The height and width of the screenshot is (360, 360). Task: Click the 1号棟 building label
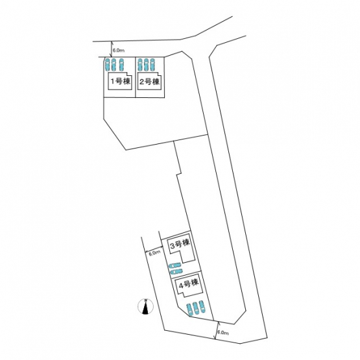[121, 81]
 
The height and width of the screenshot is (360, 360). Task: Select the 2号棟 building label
[149, 82]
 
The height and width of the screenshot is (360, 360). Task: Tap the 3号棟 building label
[180, 244]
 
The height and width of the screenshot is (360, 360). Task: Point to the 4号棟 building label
[189, 284]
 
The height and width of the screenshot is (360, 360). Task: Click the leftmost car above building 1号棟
[107, 65]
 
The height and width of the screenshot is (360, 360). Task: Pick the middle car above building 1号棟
[113, 65]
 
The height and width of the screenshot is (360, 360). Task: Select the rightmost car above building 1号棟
[121, 65]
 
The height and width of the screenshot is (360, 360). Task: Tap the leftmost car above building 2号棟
[140, 65]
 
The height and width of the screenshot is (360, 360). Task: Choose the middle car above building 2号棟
[146, 65]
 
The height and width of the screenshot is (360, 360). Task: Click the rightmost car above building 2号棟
[152, 65]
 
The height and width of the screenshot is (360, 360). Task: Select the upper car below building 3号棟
[175, 266]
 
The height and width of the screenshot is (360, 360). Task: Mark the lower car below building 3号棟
[176, 272]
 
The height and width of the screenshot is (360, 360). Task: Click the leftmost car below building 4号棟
[189, 309]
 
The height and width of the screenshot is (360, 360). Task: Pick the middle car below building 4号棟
[196, 308]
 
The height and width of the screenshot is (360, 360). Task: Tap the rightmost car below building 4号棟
[202, 307]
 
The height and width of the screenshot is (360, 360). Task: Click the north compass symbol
[145, 306]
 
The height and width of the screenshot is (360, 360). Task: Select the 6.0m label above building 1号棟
[119, 51]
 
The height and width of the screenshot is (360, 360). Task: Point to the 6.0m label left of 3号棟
[154, 253]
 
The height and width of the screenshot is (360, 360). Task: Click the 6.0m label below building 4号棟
[222, 333]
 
